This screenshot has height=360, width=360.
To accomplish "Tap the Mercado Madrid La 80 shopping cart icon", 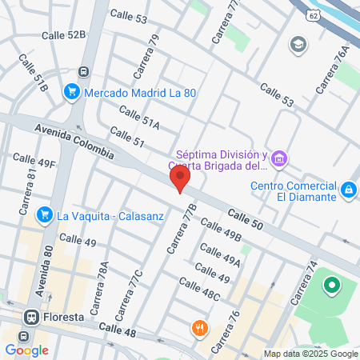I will point(72,92).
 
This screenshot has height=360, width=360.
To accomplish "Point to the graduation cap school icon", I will point(298,43).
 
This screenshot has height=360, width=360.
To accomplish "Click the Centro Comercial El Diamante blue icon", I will point(348,190).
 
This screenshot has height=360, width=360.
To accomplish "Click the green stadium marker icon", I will point(330,284).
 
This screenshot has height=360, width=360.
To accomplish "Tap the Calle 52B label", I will point(66,34).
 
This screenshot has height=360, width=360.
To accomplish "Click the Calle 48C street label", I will point(199,290).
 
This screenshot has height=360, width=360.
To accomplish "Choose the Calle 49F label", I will point(33,163).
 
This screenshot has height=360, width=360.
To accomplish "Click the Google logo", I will point(26,349).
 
